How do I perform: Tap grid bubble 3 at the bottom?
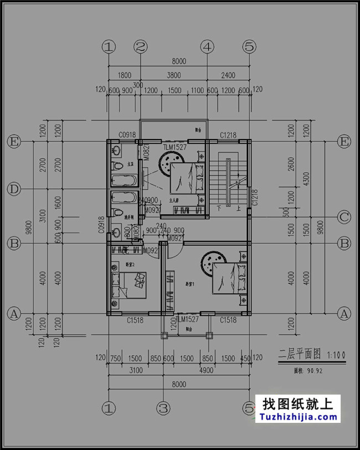[x=162, y=409]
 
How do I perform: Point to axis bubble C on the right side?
[x=344, y=217]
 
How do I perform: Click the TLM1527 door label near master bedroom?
[x=174, y=147]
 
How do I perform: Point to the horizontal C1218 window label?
[x=228, y=135]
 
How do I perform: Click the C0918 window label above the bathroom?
[x=127, y=135]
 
